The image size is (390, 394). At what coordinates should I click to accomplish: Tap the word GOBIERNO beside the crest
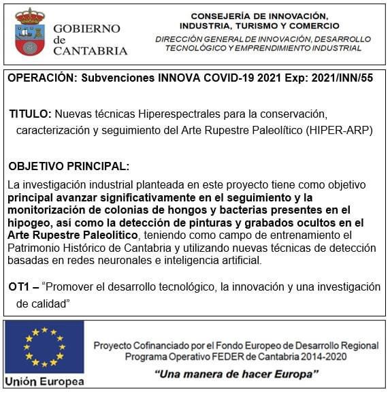[x=86, y=29]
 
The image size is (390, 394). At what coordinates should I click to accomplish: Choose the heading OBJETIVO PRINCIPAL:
[x=68, y=166]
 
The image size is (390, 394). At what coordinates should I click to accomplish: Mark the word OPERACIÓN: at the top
[x=42, y=78]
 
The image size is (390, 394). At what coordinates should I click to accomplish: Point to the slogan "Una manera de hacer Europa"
[x=236, y=374]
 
